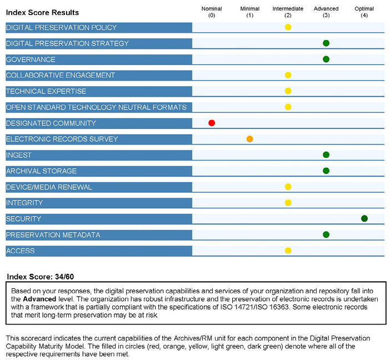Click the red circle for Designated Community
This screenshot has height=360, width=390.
point(212,123)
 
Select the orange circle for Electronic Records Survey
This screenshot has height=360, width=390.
point(250,139)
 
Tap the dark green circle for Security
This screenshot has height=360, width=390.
point(364,218)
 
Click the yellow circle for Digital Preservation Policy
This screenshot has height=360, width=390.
point(288,27)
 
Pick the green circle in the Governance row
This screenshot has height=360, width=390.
point(326,59)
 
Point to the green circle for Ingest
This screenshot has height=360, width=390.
point(326,155)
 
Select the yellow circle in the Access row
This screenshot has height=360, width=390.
point(288,251)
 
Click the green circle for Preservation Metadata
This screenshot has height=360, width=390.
point(326,234)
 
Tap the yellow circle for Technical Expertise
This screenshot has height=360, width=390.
point(288,91)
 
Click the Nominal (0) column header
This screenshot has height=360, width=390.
point(212,12)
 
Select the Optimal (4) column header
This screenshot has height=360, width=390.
point(364,12)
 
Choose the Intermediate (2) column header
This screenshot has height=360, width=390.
point(288,12)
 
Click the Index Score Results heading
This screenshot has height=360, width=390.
point(42,12)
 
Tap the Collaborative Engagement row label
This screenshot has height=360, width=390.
point(61,75)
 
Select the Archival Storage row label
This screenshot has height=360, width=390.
point(41,171)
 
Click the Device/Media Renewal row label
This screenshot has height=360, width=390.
point(49,187)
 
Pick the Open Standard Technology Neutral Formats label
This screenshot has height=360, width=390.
point(96,107)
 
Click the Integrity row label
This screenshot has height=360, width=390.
point(24,203)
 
